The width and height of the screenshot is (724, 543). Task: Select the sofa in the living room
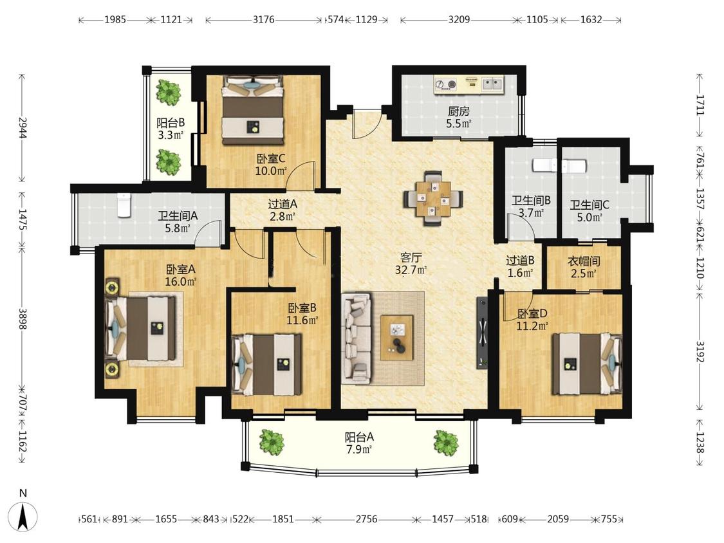click(357, 338)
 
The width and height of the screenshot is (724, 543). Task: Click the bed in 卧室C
click(252, 111)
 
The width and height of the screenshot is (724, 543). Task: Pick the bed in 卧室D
click(588, 364)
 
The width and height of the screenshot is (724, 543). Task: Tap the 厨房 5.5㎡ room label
click(459, 117)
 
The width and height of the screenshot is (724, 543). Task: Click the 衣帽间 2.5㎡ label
click(584, 268)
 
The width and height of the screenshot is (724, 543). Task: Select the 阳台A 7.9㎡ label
click(359, 443)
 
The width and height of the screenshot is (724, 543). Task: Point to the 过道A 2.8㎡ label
click(282, 210)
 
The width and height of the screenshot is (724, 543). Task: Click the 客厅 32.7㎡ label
click(411, 264)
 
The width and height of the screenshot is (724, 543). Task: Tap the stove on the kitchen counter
click(445, 84)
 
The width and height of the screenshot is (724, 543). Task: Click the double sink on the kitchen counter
click(493, 84)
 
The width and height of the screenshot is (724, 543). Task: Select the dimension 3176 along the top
click(264, 20)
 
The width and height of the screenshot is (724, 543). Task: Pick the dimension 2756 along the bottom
click(366, 519)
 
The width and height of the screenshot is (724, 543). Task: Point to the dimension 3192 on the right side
click(700, 353)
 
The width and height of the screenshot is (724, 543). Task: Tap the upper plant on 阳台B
click(169, 92)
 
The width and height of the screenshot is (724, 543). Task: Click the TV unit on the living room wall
click(482, 332)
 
